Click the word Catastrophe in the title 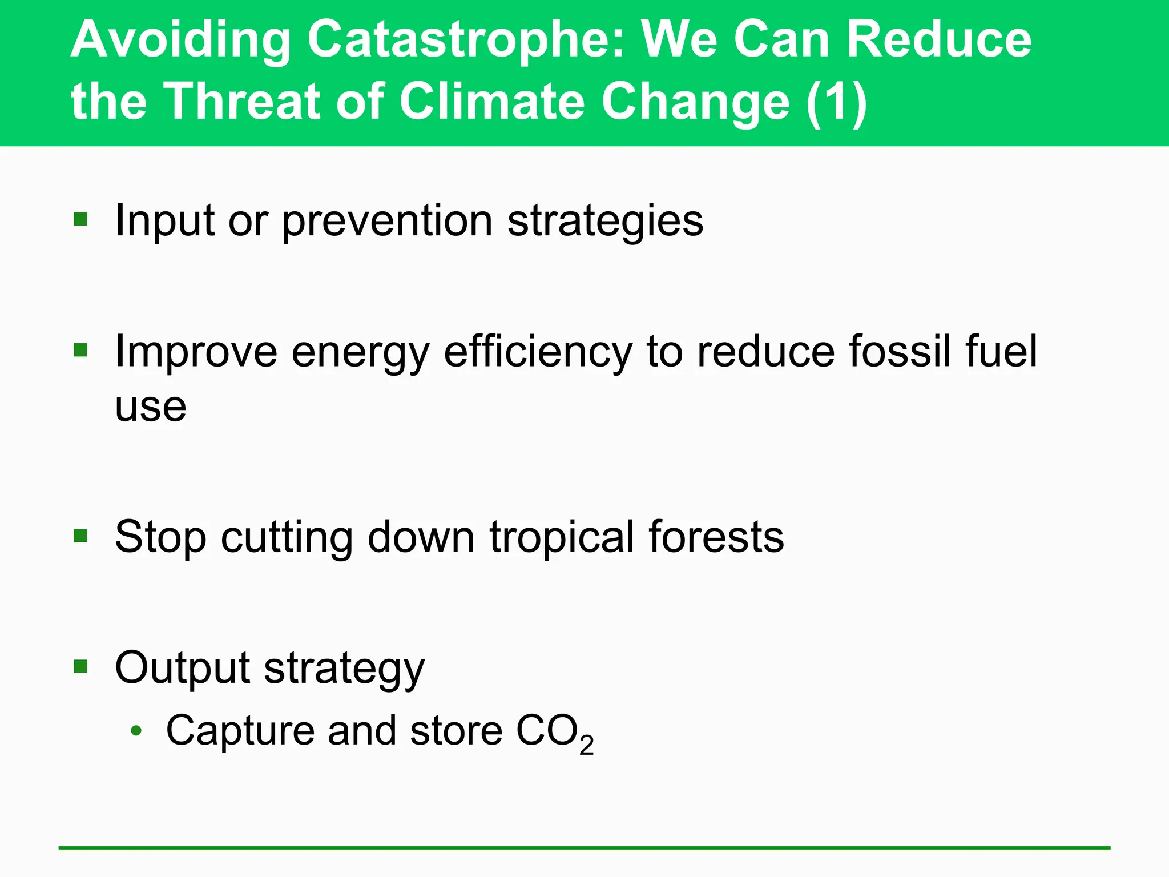click(x=466, y=41)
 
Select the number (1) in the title click(x=837, y=102)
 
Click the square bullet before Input click(x=80, y=219)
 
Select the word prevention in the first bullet click(x=387, y=222)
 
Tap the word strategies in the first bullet click(x=605, y=222)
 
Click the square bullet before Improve click(x=80, y=349)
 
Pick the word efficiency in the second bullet click(x=538, y=352)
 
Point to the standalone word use click(x=151, y=408)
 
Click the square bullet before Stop click(x=80, y=536)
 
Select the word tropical click(x=562, y=538)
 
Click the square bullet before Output click(x=80, y=666)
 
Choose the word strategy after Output click(x=344, y=669)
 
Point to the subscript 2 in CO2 click(x=586, y=745)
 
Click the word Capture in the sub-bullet click(x=240, y=731)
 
